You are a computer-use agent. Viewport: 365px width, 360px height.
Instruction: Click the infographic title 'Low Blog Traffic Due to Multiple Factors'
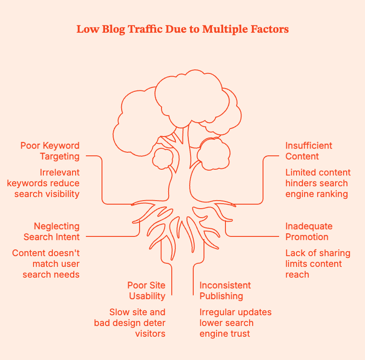(x=182, y=29)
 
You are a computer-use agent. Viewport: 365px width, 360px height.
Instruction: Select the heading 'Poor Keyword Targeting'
(x=50, y=151)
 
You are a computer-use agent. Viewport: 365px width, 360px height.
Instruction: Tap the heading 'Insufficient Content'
(x=309, y=151)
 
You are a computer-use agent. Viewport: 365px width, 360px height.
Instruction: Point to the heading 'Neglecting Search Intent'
(x=51, y=231)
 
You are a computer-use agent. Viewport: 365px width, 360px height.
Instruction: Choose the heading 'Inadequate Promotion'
(x=309, y=231)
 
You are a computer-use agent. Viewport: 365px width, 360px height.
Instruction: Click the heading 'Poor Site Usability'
(x=146, y=291)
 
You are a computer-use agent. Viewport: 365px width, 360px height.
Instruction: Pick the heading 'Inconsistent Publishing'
(x=225, y=291)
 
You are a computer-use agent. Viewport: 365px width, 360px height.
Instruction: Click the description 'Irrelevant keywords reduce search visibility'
(x=43, y=183)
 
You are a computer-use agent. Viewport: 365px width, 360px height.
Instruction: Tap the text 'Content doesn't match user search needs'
(x=46, y=264)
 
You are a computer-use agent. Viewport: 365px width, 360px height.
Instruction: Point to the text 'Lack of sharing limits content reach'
(x=318, y=264)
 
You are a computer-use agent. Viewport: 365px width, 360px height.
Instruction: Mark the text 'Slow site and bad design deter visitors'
(x=130, y=323)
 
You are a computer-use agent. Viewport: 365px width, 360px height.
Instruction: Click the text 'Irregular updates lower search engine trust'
(x=235, y=323)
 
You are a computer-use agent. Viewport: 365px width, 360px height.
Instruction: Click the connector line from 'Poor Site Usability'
(x=172, y=278)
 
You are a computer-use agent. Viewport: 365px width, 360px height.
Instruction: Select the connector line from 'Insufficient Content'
(x=263, y=179)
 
